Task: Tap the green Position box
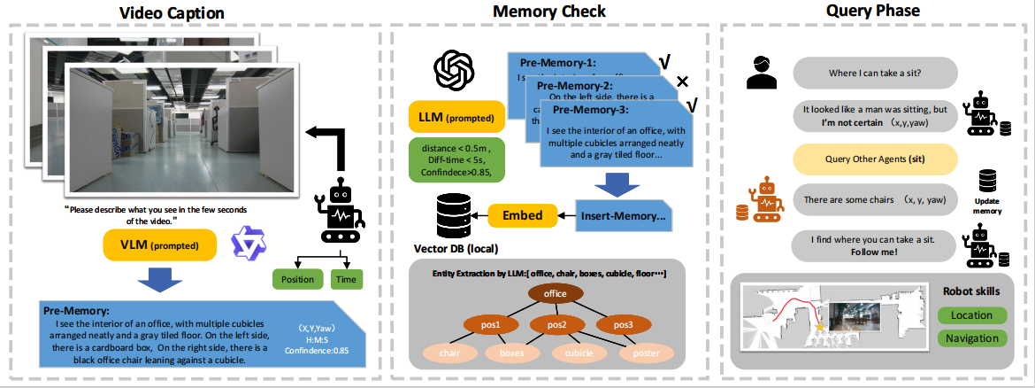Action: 297,280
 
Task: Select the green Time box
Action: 347,280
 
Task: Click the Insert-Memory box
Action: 625,215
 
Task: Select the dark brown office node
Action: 556,293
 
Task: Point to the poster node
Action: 640,353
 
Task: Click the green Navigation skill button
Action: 971,338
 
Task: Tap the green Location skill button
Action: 971,315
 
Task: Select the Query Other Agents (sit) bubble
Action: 875,160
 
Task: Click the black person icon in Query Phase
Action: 761,73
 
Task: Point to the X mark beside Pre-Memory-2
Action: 682,82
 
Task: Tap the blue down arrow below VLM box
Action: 160,277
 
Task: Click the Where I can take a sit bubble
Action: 875,71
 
